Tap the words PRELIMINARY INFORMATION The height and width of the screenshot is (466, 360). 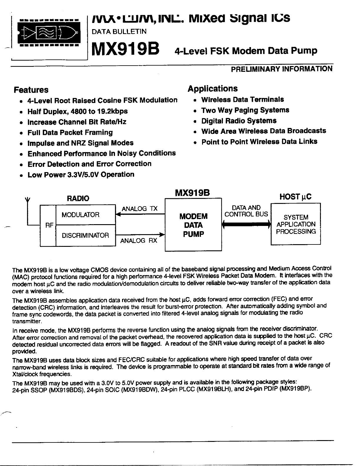point(281,69)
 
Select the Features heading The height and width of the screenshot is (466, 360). point(31,90)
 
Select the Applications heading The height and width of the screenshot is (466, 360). point(212,89)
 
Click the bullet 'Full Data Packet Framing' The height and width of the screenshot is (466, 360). point(70,132)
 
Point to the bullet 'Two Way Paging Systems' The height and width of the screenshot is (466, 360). point(245,110)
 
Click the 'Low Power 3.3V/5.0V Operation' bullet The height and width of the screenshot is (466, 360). point(81,175)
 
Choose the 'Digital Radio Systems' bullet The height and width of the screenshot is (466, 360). point(239,121)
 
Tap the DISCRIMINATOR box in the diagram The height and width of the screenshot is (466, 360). point(85,235)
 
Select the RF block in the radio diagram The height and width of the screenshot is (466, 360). point(48,225)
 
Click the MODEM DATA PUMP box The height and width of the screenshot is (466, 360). point(193,225)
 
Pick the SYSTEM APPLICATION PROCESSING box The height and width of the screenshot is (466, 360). point(296,224)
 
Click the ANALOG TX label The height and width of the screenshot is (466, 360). point(140,209)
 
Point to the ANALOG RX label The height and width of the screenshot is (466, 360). point(139,241)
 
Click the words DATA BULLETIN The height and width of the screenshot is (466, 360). point(119,31)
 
